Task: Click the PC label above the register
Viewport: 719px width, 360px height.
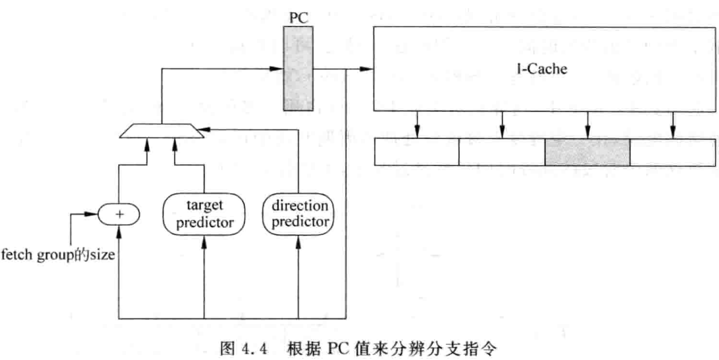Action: coord(299,18)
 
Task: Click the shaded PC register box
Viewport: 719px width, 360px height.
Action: coord(298,68)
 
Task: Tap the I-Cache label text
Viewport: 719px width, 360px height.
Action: coord(542,69)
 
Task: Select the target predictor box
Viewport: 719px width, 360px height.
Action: coord(204,214)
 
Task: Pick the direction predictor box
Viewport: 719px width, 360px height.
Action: coord(299,214)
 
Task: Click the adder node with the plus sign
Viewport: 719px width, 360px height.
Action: coord(119,214)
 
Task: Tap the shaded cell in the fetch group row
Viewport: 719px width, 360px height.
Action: coord(587,152)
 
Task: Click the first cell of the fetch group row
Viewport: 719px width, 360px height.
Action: coord(417,152)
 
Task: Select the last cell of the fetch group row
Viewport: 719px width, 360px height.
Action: coord(672,152)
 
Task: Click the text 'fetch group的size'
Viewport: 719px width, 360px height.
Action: coord(57,255)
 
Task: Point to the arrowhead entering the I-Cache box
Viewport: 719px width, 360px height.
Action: coord(366,69)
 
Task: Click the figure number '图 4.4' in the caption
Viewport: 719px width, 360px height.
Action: coord(243,349)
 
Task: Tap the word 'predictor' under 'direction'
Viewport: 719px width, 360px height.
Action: coord(300,222)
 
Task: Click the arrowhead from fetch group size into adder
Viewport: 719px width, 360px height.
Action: coord(92,214)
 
